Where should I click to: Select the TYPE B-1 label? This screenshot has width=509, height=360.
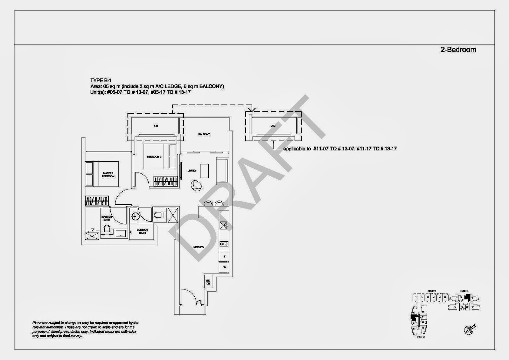click(x=101, y=81)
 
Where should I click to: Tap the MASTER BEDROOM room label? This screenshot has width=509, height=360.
click(x=108, y=175)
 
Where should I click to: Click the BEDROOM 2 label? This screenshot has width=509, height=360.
click(x=154, y=157)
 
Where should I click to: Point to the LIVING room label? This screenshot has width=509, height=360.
click(x=192, y=171)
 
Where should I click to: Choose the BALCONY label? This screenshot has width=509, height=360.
click(x=204, y=134)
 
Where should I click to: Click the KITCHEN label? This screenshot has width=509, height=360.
click(x=199, y=247)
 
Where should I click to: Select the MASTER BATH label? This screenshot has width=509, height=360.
click(x=107, y=218)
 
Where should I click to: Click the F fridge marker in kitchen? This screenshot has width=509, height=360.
click(x=225, y=256)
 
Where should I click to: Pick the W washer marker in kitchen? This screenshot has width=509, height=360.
click(x=225, y=267)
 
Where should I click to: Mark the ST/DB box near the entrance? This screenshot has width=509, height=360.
click(x=208, y=282)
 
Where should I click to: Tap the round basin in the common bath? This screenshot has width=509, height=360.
click(x=135, y=215)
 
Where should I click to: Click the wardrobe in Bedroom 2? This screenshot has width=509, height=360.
click(x=165, y=181)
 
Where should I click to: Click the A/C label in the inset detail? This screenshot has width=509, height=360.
click(x=273, y=126)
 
